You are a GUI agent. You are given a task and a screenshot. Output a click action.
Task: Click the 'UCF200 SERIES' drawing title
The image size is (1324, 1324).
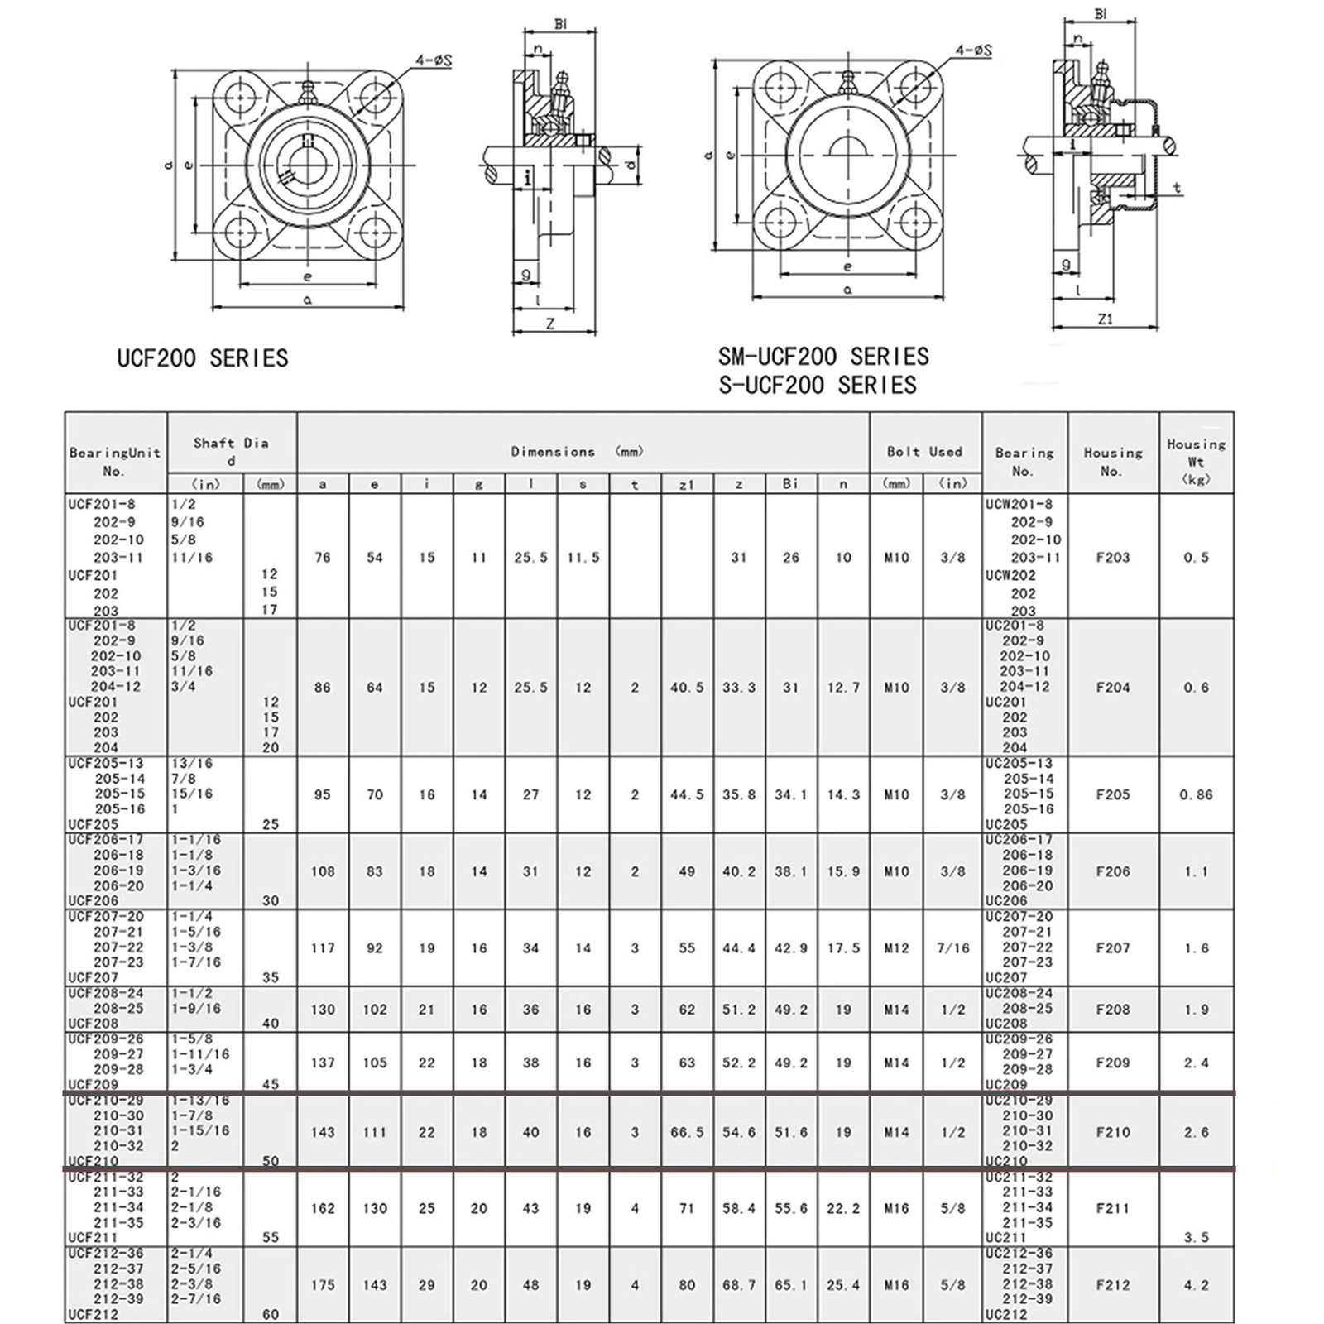coord(203,358)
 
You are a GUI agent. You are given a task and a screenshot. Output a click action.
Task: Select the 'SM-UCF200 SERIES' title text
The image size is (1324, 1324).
coord(823,357)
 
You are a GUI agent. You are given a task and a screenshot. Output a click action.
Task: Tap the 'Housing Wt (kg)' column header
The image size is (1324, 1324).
coord(1196,461)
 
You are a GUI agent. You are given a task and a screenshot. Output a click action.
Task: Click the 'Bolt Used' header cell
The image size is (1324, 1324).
coord(924,452)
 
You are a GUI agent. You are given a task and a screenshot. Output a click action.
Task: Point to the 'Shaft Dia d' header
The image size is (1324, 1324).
coord(231,451)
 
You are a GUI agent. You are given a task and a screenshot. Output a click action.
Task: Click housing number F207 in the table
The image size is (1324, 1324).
coord(1112,948)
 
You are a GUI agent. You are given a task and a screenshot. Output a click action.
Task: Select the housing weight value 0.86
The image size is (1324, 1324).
coord(1196,794)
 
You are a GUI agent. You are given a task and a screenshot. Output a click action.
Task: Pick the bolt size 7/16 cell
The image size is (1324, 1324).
coord(952,948)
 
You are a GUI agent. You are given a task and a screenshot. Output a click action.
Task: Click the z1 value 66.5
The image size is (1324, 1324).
coord(686,1132)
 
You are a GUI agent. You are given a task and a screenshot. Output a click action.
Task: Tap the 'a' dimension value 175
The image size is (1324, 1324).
coord(323,1285)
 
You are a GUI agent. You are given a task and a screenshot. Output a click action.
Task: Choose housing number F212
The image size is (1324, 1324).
coord(1112,1285)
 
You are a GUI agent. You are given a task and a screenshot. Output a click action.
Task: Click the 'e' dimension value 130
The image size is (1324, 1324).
coord(374,1208)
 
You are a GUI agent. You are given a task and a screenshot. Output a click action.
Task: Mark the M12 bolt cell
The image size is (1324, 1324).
coord(896,948)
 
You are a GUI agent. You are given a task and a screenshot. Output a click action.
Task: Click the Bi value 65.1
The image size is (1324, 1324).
coord(790,1285)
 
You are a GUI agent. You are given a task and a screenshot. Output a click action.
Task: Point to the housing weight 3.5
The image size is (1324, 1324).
coord(1196,1237)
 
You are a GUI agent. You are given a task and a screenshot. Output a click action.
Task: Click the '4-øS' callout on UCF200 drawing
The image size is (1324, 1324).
coord(434,60)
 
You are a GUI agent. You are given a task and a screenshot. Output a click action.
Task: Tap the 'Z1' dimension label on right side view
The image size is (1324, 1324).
coord(1106,319)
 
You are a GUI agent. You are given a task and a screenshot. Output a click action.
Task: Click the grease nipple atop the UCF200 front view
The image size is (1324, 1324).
coord(309,91)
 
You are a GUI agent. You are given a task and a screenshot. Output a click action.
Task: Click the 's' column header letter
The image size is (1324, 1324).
coord(583,485)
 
